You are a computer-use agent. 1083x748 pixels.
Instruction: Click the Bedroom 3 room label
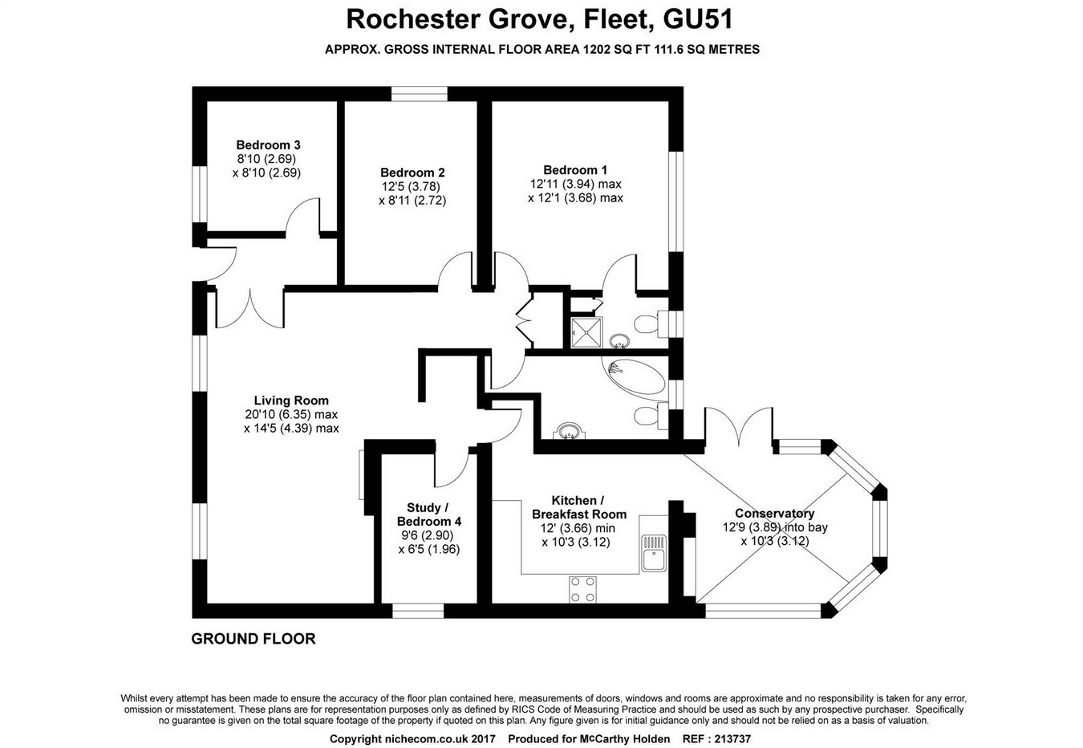click(268, 145)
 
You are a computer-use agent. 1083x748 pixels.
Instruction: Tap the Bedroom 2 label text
click(412, 173)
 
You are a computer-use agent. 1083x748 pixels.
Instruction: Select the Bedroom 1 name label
click(575, 170)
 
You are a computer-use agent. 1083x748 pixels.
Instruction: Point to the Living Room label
click(291, 400)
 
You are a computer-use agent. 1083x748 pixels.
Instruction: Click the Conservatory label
click(774, 514)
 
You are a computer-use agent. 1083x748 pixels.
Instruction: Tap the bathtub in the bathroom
click(634, 376)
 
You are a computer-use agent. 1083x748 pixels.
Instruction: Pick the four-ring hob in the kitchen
click(582, 590)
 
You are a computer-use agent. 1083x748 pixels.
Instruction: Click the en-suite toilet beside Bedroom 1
click(647, 325)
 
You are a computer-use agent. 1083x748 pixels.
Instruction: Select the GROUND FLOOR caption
click(254, 639)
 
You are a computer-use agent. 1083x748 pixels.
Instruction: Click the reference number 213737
click(728, 739)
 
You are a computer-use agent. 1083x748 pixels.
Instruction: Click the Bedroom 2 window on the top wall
click(420, 94)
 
